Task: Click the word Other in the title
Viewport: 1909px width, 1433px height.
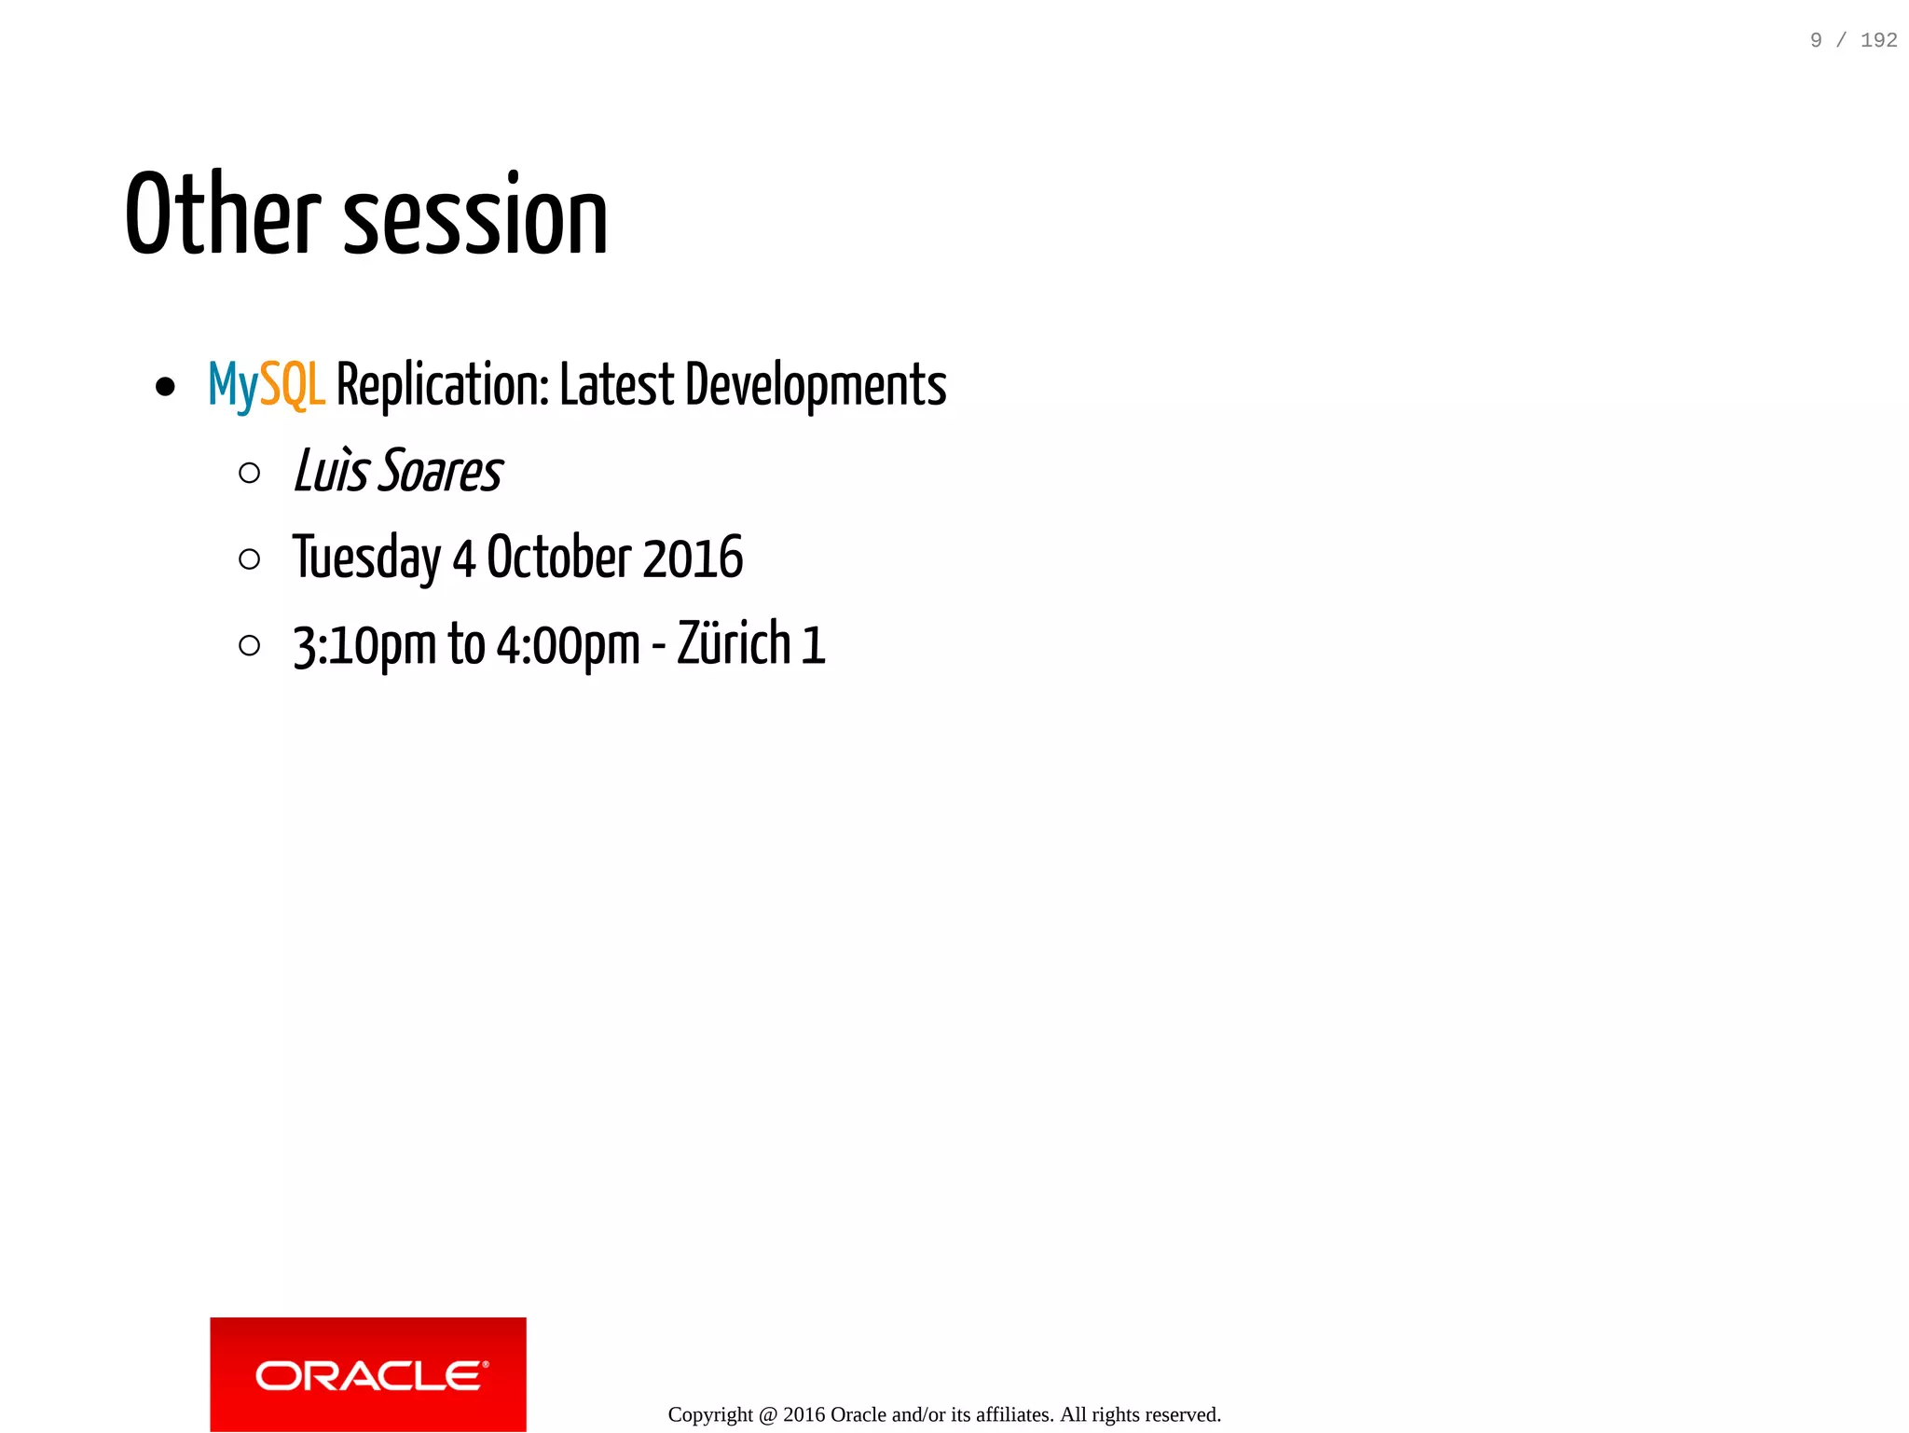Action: [x=223, y=214]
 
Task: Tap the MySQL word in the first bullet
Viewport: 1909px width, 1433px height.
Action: [x=267, y=385]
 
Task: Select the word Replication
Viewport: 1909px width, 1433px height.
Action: [x=442, y=385]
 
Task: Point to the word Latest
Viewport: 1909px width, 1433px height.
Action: [x=616, y=385]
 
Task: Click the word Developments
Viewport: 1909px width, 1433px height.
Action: [x=816, y=385]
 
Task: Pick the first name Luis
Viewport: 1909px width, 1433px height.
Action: [x=331, y=471]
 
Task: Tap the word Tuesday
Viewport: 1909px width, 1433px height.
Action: [x=366, y=558]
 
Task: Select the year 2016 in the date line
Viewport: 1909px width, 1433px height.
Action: [x=693, y=558]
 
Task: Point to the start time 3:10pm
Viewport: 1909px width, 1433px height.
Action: [x=364, y=645]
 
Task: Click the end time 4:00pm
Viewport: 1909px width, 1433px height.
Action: [x=568, y=645]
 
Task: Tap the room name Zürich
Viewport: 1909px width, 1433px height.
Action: [x=734, y=643]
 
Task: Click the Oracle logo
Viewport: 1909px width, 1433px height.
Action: [x=368, y=1374]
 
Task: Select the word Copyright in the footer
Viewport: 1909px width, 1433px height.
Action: [x=710, y=1414]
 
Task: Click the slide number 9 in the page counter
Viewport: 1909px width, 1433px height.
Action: [x=1816, y=40]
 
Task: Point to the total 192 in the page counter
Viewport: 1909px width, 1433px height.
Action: [x=1878, y=40]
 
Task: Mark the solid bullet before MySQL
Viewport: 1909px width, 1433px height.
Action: [x=166, y=387]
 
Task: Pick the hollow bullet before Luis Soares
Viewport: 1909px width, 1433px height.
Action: [x=249, y=473]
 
